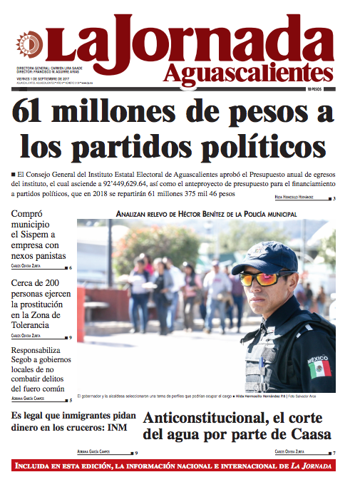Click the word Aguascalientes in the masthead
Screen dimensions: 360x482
247,73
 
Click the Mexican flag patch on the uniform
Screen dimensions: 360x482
323,368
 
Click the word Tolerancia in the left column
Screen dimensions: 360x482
36,324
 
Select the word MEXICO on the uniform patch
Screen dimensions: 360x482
318,361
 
